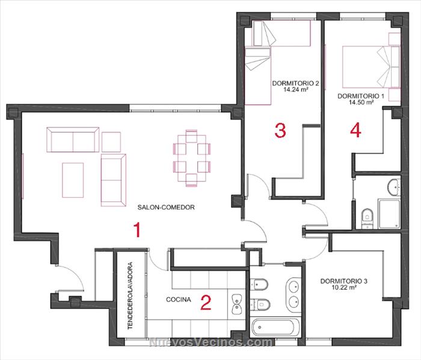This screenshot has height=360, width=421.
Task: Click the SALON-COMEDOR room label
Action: [x=166, y=207]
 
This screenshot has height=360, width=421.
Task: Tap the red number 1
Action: [x=137, y=230]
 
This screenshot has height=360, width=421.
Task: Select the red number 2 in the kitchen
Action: [x=206, y=302]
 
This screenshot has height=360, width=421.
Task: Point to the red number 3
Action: [x=280, y=130]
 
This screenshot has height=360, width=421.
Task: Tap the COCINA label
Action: [x=179, y=299]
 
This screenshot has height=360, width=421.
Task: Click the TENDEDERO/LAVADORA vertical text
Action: [x=131, y=296]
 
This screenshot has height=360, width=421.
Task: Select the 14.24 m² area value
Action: [x=295, y=90]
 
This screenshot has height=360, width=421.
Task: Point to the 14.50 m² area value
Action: [x=361, y=102]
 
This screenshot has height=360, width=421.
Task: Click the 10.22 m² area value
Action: [x=344, y=287]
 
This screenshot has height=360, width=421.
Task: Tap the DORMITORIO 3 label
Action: [x=344, y=281]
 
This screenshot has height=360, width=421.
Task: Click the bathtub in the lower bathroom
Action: [x=277, y=327]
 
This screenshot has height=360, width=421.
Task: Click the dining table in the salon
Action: [x=191, y=158]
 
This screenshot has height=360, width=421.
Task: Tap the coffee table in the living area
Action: [x=73, y=180]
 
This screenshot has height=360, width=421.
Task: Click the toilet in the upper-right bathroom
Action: [x=367, y=218]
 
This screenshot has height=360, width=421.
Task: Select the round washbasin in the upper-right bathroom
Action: [x=393, y=187]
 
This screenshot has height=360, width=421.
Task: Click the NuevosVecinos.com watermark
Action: [x=210, y=343]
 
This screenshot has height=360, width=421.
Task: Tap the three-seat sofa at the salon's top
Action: [x=73, y=140]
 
